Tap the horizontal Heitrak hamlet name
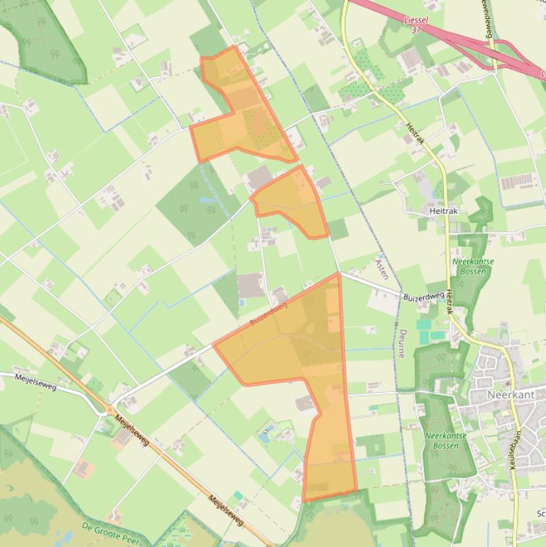point(444,211)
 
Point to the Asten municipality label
point(381,269)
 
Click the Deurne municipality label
point(403,343)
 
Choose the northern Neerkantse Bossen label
point(473,266)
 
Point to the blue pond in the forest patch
point(209,200)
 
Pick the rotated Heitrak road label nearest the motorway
point(415,134)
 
